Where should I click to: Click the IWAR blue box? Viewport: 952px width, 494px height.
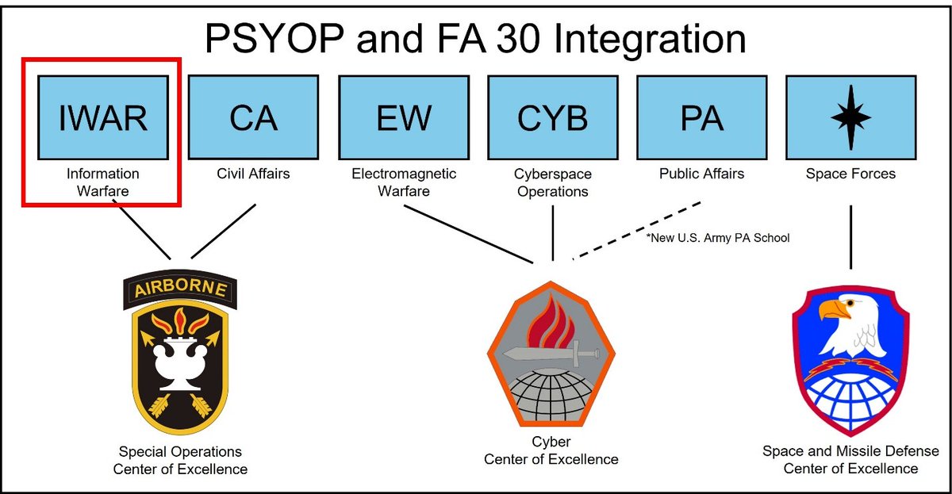pos(104,117)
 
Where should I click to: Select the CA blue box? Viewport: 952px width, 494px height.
pos(254,117)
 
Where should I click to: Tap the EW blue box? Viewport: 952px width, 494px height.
pos(403,117)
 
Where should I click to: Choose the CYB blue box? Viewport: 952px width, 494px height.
pos(552,117)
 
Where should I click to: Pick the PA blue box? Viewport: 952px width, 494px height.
pos(701,117)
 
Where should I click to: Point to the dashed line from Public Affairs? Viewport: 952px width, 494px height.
pos(638,231)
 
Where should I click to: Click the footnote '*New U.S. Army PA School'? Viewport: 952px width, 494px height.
pos(719,237)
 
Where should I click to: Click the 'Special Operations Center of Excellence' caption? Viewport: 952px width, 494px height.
pos(180,461)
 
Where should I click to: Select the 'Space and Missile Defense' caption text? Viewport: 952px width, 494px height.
pos(850,451)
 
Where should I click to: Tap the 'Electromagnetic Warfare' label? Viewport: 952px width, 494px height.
pos(403,182)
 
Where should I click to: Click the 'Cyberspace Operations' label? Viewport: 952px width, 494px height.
pos(552,182)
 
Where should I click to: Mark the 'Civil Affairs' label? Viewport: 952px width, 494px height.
pos(254,174)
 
